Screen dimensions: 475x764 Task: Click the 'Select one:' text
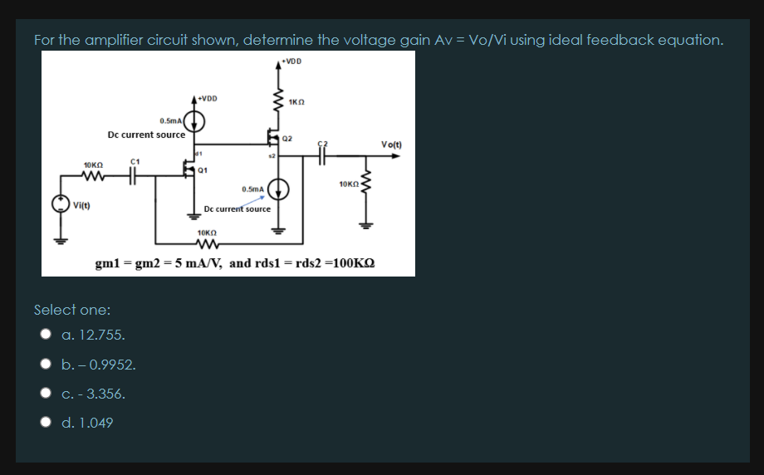tap(72, 310)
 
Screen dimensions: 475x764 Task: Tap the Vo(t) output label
tap(391, 144)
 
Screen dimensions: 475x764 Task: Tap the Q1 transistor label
tap(203, 170)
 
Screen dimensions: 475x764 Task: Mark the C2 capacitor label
tap(324, 143)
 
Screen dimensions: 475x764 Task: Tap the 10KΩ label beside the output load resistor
tap(347, 182)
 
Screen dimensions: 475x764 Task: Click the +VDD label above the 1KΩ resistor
tap(292, 61)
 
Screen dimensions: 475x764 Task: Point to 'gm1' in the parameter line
tap(110, 263)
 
